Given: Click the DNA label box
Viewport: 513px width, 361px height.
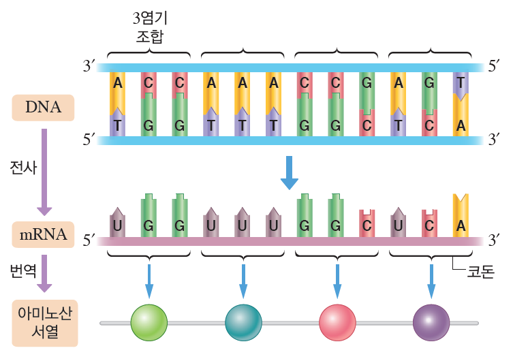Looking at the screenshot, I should (43, 108).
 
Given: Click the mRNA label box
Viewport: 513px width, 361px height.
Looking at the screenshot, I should (43, 236).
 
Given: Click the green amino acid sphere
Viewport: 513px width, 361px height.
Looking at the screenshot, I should (149, 322).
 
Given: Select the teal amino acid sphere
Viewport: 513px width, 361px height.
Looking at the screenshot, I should (243, 322).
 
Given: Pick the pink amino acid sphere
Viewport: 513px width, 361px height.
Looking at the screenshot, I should (337, 322).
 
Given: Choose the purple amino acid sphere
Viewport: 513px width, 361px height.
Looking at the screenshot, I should (431, 322).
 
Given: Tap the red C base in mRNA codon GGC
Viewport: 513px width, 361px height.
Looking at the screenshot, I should (367, 223).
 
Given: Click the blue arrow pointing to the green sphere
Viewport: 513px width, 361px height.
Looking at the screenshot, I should (149, 279).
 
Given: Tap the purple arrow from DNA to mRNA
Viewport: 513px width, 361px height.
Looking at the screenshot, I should (43, 170).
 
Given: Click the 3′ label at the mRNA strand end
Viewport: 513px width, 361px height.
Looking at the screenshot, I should (495, 239).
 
